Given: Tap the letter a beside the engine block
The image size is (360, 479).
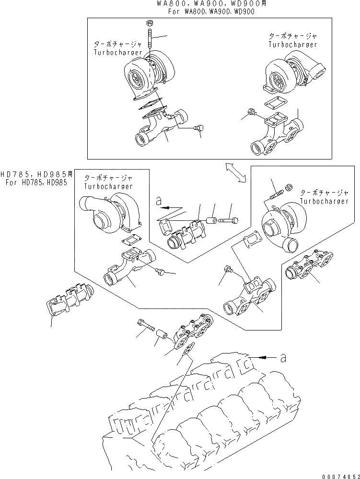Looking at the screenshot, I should [x=283, y=358].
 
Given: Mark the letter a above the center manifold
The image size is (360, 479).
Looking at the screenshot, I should [x=159, y=203].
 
